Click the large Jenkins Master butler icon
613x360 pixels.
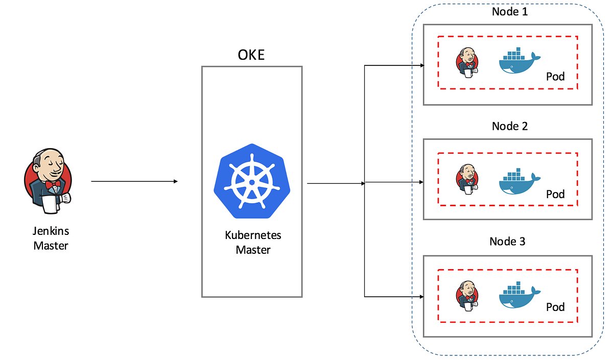48,181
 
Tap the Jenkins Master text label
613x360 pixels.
51,238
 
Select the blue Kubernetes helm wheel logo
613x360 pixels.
252,182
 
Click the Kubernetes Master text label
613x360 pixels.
253,243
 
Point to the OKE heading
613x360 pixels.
251,55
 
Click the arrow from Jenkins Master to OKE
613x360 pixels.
134,181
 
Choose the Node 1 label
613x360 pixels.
509,11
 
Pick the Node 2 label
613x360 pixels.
509,126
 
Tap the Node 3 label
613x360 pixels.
507,241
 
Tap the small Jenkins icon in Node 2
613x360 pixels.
467,180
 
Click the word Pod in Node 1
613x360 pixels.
555,77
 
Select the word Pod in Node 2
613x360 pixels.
555,194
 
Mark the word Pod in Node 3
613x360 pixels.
555,307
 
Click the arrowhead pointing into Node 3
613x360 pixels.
421,296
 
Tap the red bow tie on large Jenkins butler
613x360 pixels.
52,184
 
